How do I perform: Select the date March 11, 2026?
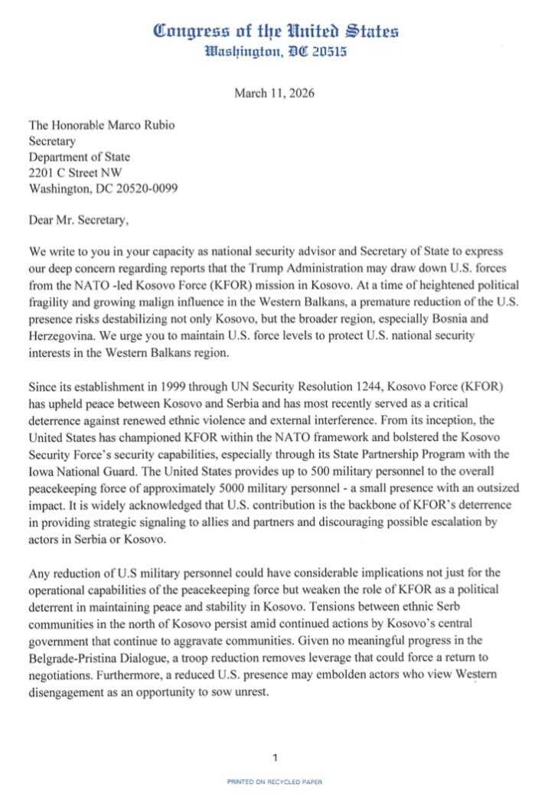pyautogui.click(x=274, y=94)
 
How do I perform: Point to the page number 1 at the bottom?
pyautogui.click(x=274, y=758)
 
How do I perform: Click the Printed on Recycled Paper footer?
pyautogui.click(x=274, y=782)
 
